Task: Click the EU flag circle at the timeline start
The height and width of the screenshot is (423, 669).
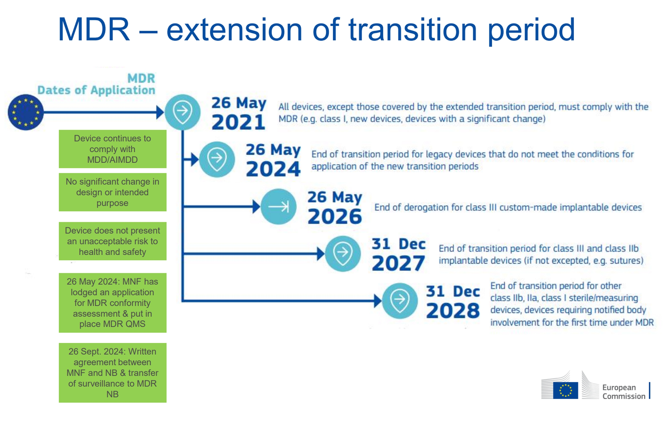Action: click(x=26, y=112)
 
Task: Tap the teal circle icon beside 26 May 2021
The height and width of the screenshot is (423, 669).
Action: click(x=183, y=112)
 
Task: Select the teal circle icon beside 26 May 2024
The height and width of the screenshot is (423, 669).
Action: click(x=217, y=159)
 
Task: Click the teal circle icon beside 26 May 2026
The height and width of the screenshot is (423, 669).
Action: click(x=278, y=207)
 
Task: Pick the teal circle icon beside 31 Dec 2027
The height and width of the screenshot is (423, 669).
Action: click(x=343, y=254)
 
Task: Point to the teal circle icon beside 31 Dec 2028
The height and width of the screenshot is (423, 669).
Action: click(x=400, y=301)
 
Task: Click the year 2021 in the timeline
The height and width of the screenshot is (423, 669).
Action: click(x=238, y=122)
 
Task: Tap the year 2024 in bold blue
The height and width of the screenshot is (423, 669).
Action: click(x=273, y=169)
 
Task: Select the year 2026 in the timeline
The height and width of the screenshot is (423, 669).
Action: click(x=335, y=216)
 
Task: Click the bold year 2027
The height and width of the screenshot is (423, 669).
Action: click(x=398, y=263)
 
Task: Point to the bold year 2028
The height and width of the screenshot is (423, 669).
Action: click(x=453, y=311)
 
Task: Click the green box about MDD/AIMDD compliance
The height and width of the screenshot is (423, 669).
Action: click(x=112, y=149)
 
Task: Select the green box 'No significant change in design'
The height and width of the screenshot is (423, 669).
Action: click(x=112, y=192)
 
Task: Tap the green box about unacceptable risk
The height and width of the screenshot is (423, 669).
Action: click(x=112, y=241)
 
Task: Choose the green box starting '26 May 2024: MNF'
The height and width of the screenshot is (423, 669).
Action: click(x=112, y=303)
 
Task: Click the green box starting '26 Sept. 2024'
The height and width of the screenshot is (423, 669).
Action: click(x=112, y=373)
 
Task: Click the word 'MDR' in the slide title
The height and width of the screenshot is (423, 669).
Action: click(x=94, y=29)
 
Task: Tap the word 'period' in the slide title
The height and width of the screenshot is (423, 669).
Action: click(x=531, y=31)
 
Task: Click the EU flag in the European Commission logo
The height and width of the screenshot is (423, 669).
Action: click(x=565, y=390)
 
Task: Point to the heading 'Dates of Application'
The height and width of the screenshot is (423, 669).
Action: click(x=96, y=90)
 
